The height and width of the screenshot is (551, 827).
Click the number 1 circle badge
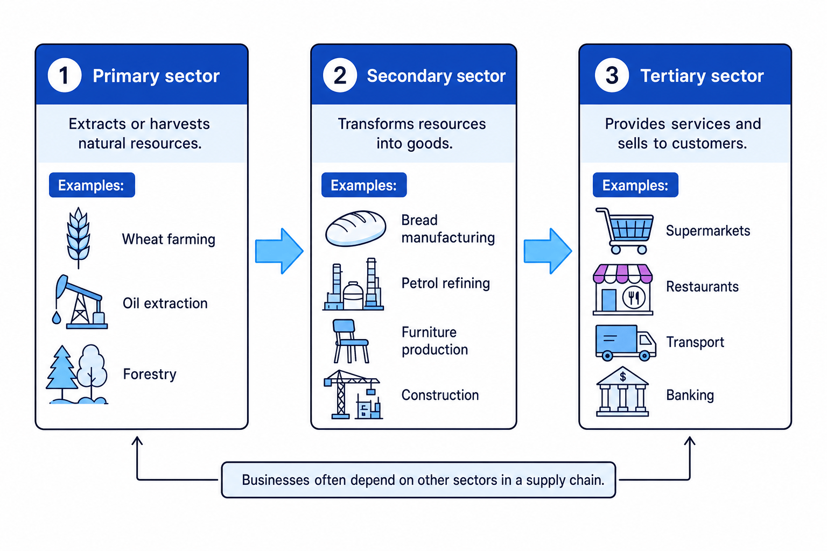tap(65, 75)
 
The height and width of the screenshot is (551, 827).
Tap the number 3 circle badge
tap(612, 75)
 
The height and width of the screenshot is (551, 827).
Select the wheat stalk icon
tap(78, 238)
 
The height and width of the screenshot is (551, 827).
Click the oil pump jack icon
tap(80, 301)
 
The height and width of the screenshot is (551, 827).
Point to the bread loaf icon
tap(355, 229)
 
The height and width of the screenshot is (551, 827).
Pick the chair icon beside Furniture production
tap(351, 341)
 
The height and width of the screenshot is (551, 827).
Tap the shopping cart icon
tap(625, 231)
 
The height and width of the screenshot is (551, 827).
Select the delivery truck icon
tap(626, 342)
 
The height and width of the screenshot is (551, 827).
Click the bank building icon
tap(622, 392)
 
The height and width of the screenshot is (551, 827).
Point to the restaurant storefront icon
tap(623, 289)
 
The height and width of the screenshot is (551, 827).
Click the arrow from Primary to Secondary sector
tap(279, 251)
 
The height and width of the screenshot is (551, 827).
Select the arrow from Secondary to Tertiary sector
tap(548, 251)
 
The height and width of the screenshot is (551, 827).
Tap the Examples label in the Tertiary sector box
tap(635, 185)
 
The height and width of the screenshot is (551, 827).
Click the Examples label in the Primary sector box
tap(92, 185)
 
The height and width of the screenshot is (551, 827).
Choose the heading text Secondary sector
tap(436, 76)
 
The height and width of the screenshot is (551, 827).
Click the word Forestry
tap(150, 374)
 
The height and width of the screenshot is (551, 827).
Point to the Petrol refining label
tap(446, 284)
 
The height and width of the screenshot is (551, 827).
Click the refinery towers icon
tap(353, 284)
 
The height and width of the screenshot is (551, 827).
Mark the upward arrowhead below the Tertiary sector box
tap(690, 441)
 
